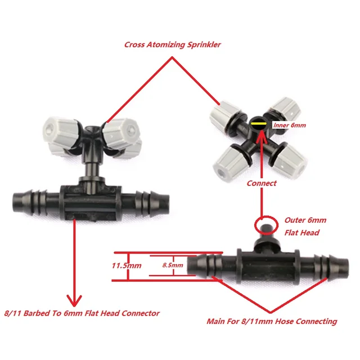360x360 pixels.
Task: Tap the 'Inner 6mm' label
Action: tap(289, 125)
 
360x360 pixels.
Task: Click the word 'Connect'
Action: tap(261, 183)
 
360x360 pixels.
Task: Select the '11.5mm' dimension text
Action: tap(125, 264)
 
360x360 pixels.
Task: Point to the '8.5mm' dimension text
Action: tap(172, 264)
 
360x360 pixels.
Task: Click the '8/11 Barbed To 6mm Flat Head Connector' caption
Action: tap(82, 313)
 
